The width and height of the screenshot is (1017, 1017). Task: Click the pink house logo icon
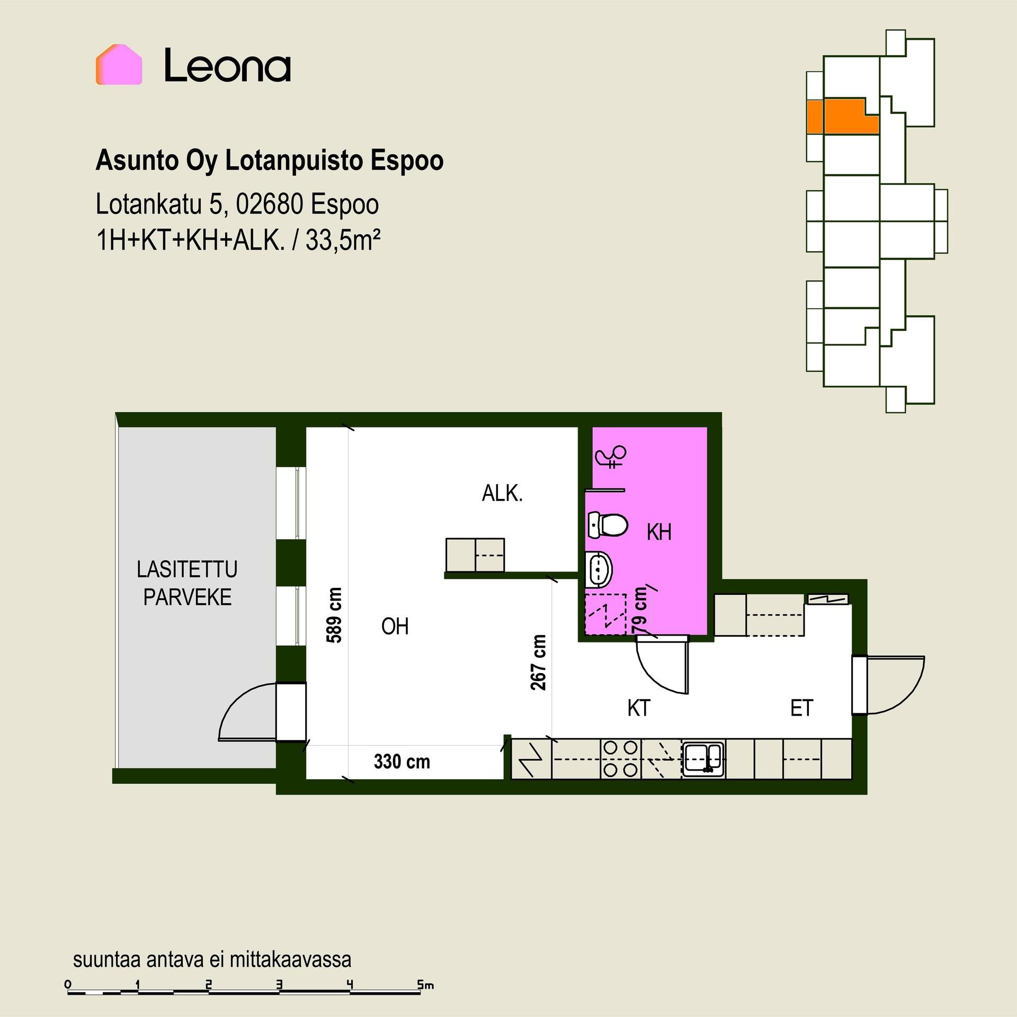pos(119,65)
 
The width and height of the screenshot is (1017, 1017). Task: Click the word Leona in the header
pos(227,66)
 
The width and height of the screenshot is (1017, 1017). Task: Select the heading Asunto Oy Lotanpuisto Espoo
pos(269,161)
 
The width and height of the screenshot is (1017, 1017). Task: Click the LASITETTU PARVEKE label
pos(187,583)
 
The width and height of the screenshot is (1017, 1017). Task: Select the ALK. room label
pos(502,494)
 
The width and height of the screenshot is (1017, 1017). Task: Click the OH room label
pos(395,627)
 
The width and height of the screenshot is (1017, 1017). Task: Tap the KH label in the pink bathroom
pos(659,532)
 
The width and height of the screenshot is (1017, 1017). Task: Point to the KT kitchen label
pos(638,708)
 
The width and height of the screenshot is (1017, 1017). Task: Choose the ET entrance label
pos(801,708)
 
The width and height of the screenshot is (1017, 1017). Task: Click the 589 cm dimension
pos(334,615)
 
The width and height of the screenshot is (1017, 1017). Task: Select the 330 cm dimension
pos(402,762)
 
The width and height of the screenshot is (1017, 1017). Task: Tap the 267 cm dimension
pos(538,663)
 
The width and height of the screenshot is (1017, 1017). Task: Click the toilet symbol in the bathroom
pos(608,525)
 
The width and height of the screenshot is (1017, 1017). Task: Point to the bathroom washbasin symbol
pos(600,569)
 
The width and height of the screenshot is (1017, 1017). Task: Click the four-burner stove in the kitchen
pos(620,759)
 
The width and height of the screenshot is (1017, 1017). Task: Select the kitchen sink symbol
pos(703,759)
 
